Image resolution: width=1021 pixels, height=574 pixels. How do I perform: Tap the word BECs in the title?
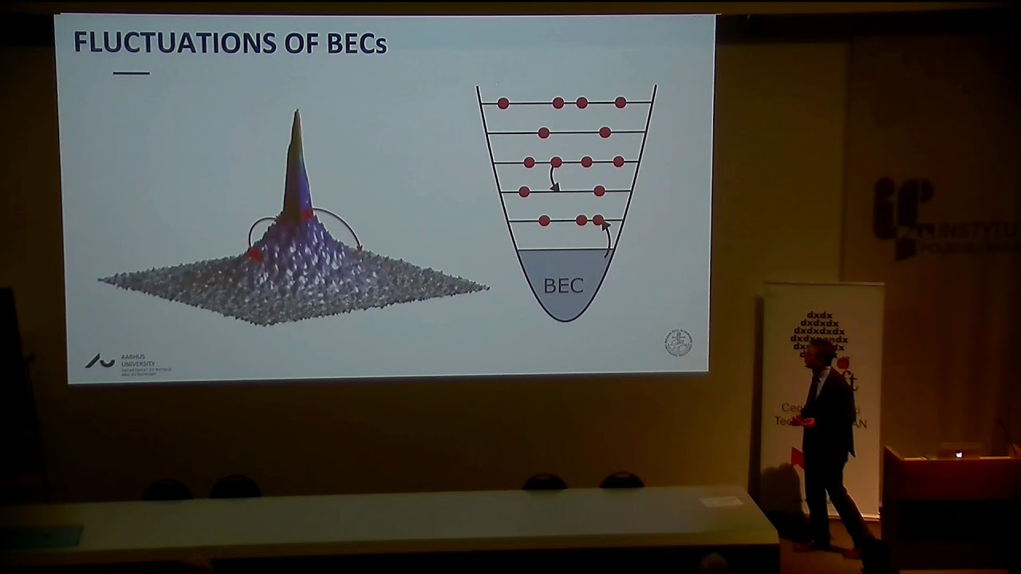click(x=357, y=44)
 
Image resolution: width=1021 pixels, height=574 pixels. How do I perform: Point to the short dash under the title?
click(x=131, y=73)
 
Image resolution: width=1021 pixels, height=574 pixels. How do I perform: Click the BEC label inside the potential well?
click(x=563, y=285)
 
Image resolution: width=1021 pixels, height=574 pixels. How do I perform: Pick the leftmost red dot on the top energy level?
click(x=503, y=103)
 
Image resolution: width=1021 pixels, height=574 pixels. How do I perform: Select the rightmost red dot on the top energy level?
click(x=621, y=103)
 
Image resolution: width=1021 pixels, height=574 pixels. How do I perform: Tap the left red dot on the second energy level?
click(x=543, y=132)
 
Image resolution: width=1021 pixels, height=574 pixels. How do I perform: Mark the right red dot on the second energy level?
click(x=605, y=132)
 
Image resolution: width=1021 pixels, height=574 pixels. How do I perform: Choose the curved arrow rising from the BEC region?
click(x=607, y=237)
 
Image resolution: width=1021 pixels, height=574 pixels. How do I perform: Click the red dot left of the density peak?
click(x=254, y=254)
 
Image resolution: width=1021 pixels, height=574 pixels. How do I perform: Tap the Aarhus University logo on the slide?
click(x=101, y=362)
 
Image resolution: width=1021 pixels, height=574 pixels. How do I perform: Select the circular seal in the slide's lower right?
click(x=678, y=343)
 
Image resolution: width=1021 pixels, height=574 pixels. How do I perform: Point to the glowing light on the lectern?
click(x=959, y=454)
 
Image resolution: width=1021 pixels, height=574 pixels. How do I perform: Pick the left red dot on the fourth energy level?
click(x=524, y=191)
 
